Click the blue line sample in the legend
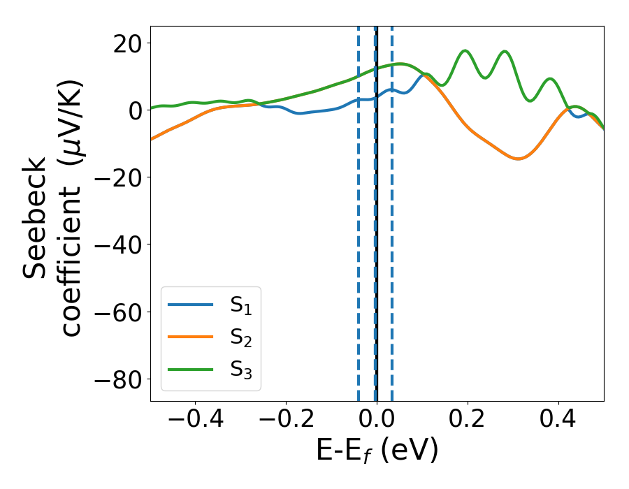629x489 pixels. (x=190, y=305)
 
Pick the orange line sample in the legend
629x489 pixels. (x=190, y=337)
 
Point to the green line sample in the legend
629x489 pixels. (x=190, y=370)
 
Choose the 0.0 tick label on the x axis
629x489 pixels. (x=377, y=420)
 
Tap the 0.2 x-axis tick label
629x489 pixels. (x=468, y=420)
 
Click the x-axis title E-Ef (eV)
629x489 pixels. (x=377, y=451)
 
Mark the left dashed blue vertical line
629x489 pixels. (x=359, y=210)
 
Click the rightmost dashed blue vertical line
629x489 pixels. (x=392, y=210)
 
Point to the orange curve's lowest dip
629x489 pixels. (x=518, y=159)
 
